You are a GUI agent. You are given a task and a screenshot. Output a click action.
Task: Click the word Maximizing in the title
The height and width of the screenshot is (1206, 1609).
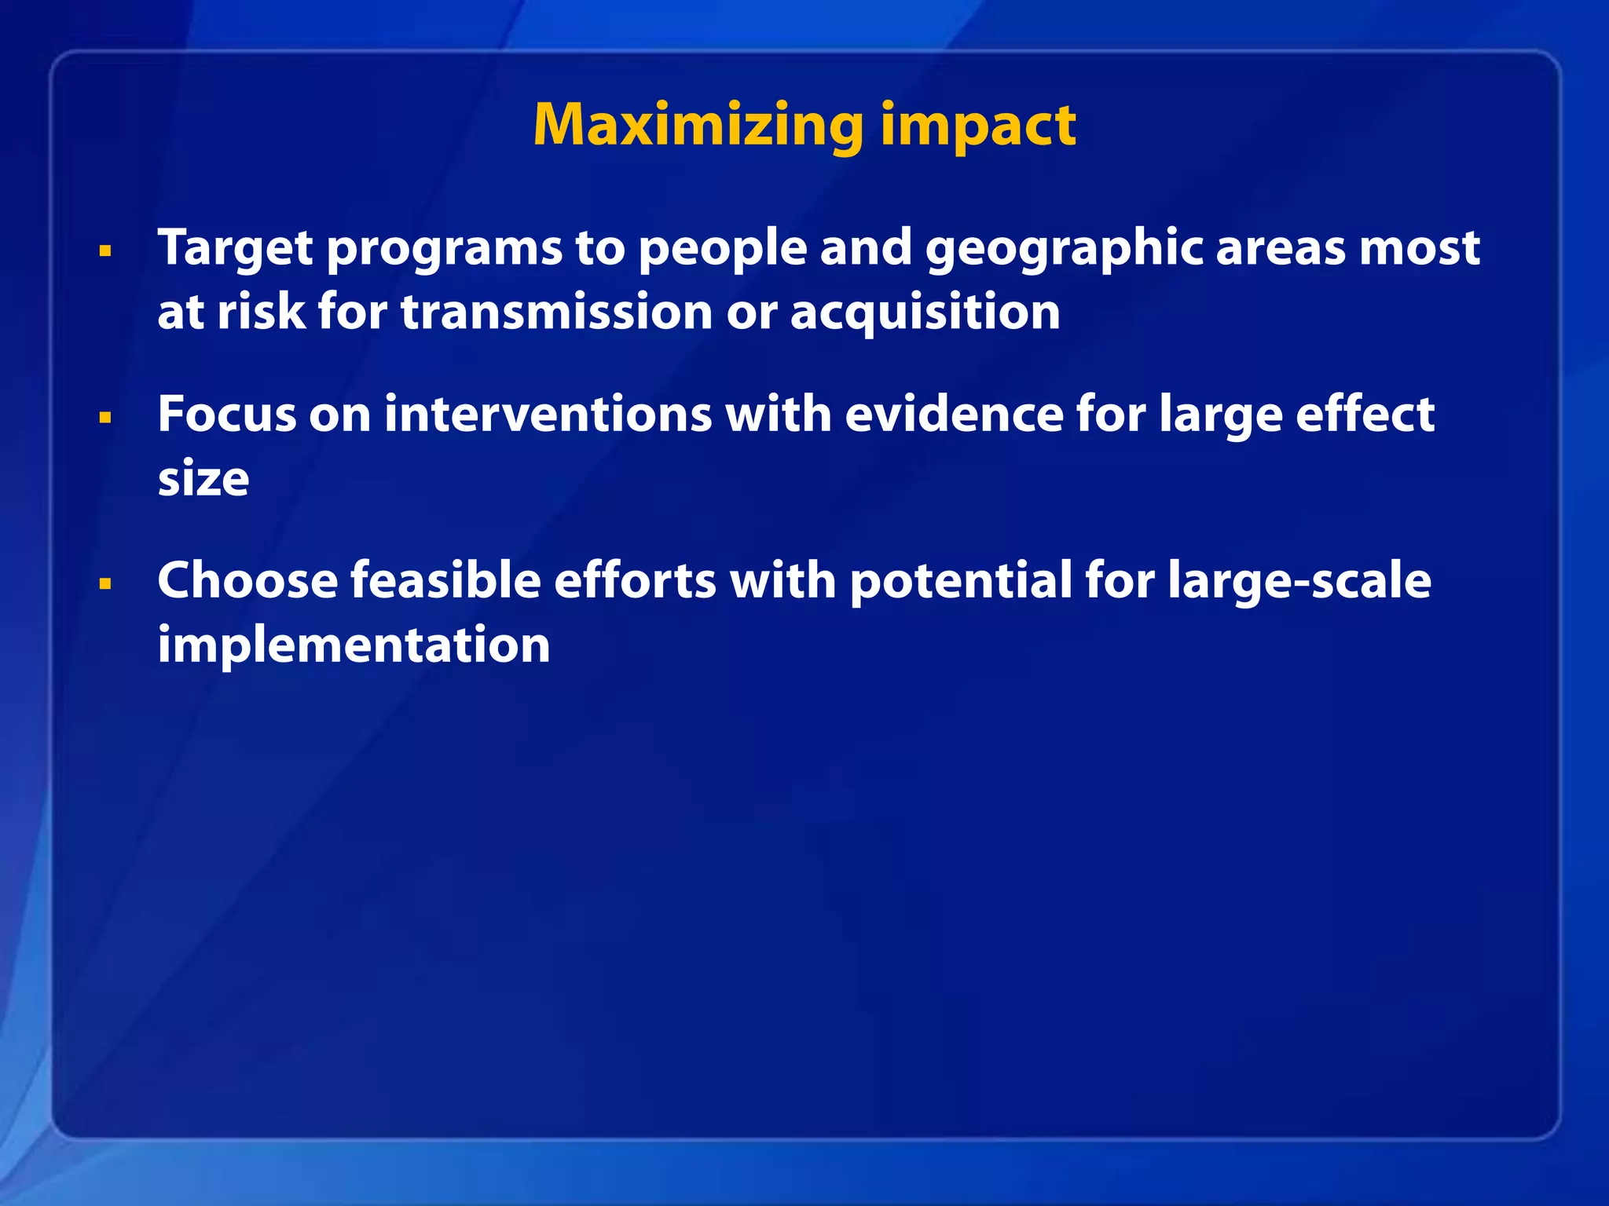[x=698, y=126]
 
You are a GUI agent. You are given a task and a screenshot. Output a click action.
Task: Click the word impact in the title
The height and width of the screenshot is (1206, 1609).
[x=977, y=126]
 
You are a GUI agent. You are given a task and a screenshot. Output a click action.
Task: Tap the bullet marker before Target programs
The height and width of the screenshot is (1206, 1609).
[x=105, y=251]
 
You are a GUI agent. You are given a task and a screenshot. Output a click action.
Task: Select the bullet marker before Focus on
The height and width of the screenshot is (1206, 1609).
[x=105, y=418]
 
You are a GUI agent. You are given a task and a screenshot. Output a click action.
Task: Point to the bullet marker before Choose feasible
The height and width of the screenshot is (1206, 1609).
[x=105, y=584]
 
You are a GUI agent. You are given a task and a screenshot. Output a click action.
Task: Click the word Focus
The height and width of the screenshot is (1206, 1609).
[x=226, y=415]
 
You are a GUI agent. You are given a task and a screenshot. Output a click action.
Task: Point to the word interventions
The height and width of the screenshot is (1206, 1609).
[x=547, y=415]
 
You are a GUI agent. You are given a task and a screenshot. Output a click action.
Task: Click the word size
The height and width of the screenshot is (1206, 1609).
[x=203, y=480]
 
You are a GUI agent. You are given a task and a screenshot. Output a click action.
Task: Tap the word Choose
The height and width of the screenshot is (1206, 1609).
[x=247, y=581]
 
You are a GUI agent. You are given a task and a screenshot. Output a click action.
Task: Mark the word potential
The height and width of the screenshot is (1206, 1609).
[x=960, y=581]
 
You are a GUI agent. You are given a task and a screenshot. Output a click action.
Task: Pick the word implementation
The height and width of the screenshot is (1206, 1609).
[x=354, y=646]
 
